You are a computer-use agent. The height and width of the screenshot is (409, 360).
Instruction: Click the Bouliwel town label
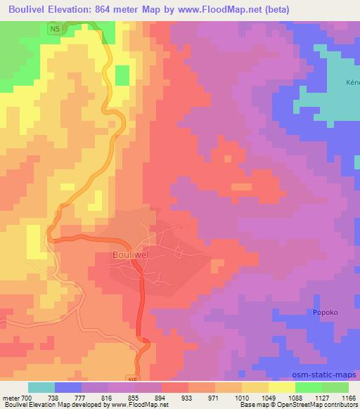coord(132,257)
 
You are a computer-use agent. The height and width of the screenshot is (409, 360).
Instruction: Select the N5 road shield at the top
coord(55,28)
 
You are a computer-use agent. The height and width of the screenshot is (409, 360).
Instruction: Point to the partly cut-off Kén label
coord(352,82)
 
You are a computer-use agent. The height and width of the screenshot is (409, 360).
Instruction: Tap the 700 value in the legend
coord(27,397)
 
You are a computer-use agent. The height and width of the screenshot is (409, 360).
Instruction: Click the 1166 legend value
coord(347,397)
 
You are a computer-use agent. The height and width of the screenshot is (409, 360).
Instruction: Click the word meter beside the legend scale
coord(10,397)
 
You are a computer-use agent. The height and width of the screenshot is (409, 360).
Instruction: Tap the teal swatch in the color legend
coord(41,387)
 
